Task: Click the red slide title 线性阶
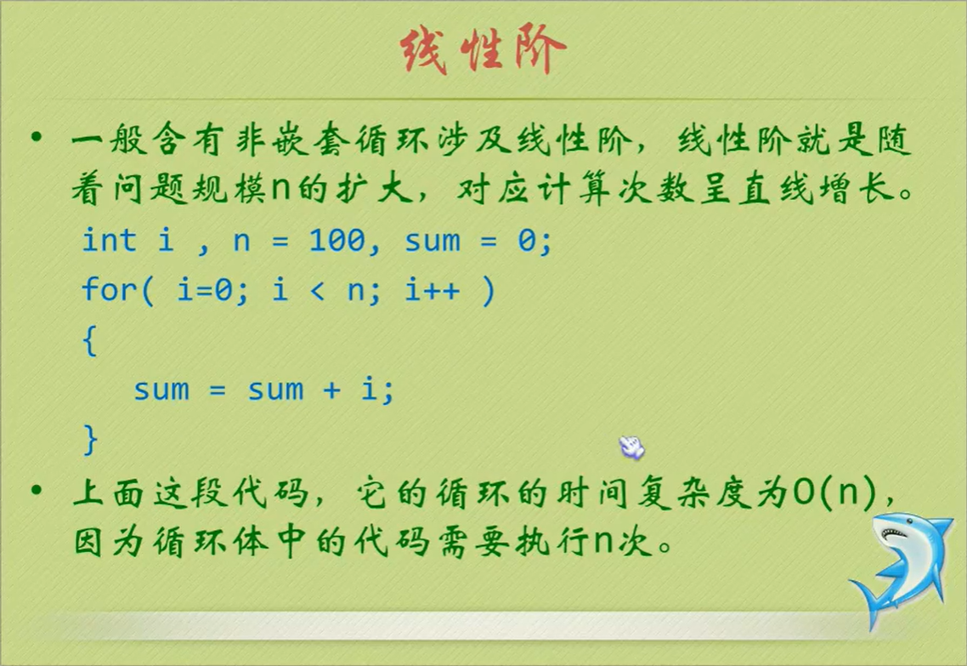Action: [x=483, y=52]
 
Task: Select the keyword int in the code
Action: [x=109, y=241]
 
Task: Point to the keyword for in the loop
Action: [x=109, y=291]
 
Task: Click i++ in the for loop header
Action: [x=433, y=291]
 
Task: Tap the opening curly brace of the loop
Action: [x=89, y=341]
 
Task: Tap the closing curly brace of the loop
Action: [x=89, y=439]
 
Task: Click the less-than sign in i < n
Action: [x=316, y=291]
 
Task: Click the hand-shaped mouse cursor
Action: [x=631, y=445]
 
